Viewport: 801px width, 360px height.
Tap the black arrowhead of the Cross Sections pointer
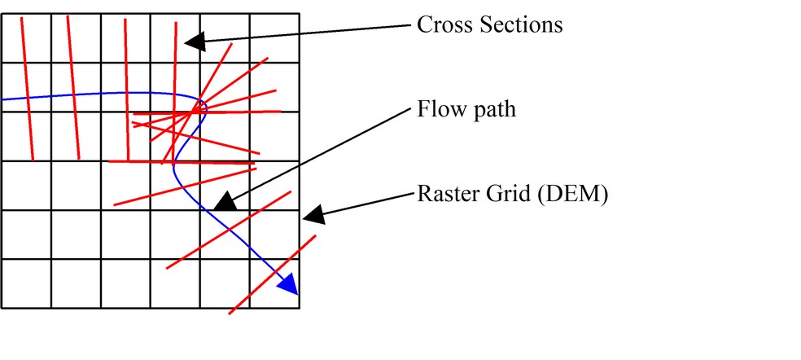192,41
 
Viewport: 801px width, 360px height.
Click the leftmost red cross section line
27,90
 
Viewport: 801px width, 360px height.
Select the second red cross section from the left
73,90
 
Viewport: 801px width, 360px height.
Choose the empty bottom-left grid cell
26,283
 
